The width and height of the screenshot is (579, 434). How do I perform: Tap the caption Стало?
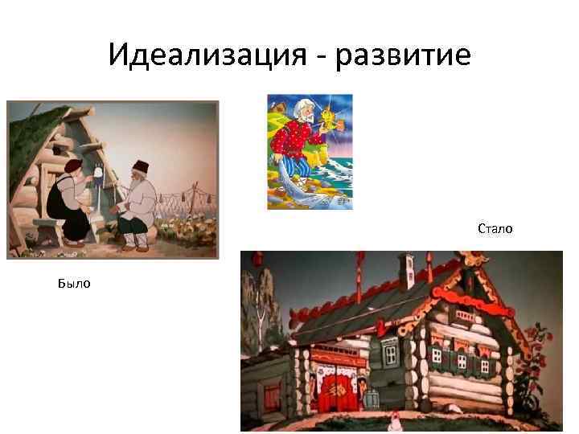495,229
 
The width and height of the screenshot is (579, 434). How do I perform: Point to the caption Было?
73,283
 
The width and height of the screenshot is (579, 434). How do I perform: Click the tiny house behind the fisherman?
278,104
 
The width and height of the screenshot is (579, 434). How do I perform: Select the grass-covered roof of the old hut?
40,141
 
